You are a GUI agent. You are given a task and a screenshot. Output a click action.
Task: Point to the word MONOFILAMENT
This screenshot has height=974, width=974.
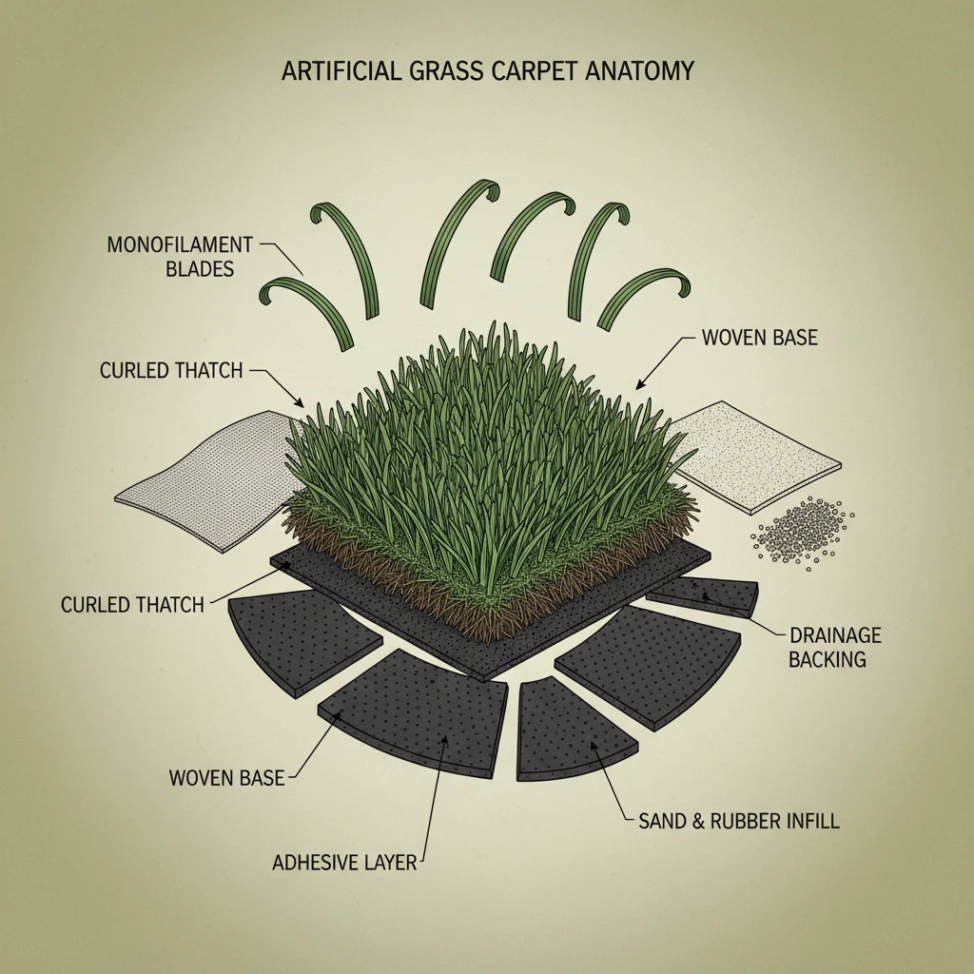point(179,244)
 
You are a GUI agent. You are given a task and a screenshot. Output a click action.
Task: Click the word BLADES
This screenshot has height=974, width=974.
point(200,269)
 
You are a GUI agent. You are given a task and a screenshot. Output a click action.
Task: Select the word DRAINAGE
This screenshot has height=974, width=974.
point(835,634)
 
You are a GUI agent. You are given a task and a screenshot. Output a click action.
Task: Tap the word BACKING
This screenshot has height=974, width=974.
point(828,659)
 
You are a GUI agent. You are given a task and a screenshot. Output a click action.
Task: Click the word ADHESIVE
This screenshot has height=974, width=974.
point(314,863)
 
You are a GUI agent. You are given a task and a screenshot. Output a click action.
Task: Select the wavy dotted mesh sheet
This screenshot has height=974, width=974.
point(205,480)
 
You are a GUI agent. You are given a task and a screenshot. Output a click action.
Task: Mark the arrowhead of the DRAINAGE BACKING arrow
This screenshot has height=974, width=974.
point(704,596)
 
